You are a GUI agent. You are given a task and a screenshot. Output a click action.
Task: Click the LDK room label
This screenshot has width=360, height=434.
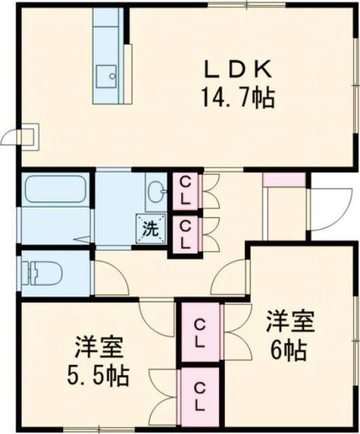click(x=239, y=69)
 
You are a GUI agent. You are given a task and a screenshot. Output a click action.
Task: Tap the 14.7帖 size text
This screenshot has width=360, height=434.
click(x=237, y=99)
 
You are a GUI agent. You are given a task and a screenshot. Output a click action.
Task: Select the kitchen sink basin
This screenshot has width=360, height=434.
click(x=106, y=76)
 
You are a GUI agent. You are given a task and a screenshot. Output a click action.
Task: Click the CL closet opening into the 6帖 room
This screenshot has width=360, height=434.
click(x=199, y=332)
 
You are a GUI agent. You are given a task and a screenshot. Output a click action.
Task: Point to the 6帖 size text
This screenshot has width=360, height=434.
click(x=288, y=351)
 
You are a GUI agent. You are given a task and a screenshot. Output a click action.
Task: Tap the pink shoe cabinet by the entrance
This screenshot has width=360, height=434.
click(x=285, y=180)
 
